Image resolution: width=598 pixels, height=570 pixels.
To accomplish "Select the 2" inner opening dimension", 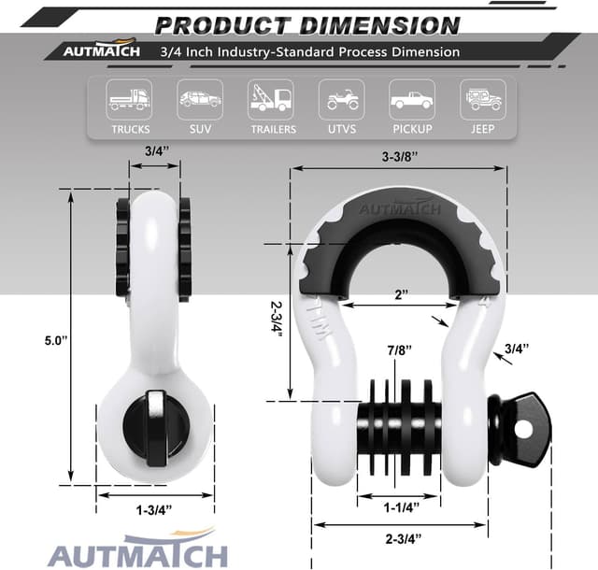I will click(x=402, y=295).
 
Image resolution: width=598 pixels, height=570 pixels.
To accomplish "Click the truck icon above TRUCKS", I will click(x=129, y=96).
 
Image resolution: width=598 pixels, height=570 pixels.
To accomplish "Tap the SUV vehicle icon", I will click(x=200, y=96).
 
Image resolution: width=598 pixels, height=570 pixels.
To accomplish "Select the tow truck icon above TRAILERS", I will click(x=270, y=96).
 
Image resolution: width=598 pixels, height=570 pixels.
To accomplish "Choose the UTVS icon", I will click(x=341, y=96).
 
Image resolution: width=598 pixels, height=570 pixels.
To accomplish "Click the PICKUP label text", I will click(x=412, y=129).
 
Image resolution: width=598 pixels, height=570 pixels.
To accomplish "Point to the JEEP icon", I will click(x=483, y=96).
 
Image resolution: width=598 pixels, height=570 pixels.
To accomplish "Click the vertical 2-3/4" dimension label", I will click(x=275, y=322).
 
